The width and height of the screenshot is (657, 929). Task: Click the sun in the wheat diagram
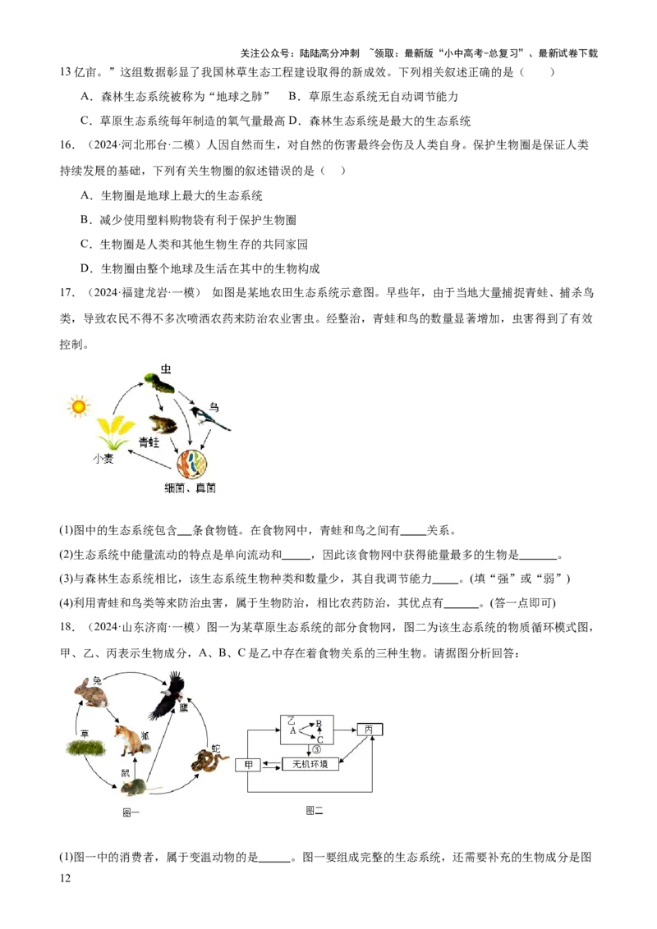point(79,405)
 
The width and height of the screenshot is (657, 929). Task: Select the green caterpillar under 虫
point(159,382)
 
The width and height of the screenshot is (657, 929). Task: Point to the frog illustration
point(162,424)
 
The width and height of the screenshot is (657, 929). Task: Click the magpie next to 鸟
point(209,419)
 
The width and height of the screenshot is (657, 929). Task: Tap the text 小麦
point(103,460)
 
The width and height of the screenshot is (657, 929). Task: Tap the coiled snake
point(209,762)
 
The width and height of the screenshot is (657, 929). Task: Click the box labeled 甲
point(248,765)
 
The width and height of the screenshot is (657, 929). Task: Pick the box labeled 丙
point(370,729)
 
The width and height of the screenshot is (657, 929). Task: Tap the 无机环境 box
point(310,764)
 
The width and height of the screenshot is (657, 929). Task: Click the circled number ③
point(315,748)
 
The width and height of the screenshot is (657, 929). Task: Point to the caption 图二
point(315,810)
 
